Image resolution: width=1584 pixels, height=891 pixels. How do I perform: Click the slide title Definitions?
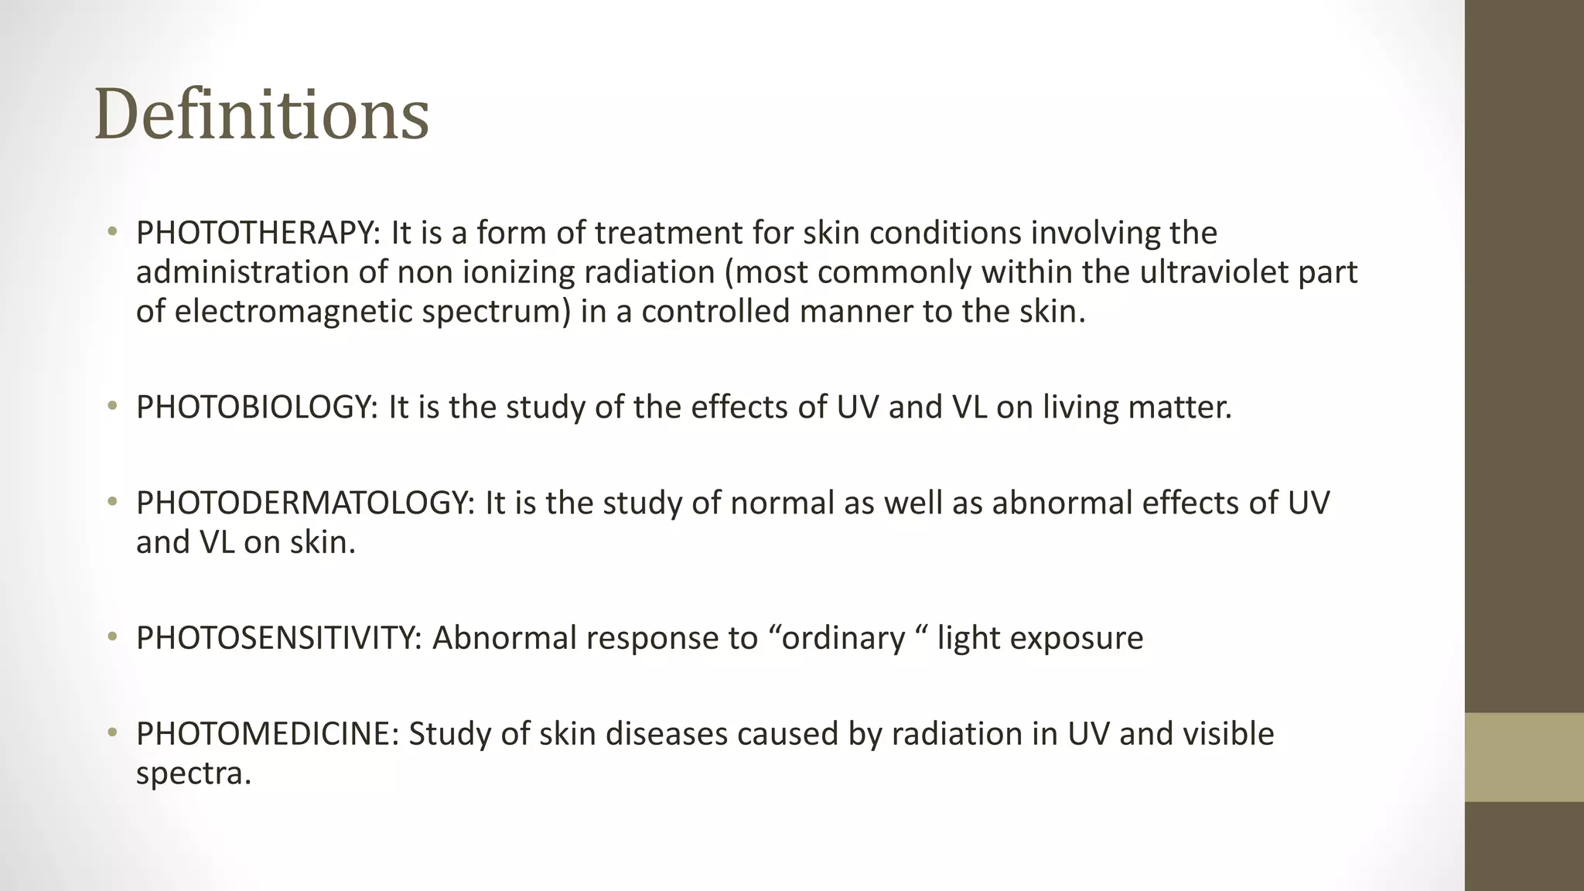click(x=261, y=114)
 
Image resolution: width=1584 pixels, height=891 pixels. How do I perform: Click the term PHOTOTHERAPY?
click(x=254, y=233)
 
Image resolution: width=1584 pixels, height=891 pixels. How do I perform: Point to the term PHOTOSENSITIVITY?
click(x=277, y=638)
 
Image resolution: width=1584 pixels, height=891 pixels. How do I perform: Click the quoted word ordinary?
click(x=844, y=638)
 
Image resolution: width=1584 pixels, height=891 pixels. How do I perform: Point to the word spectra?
click(x=193, y=773)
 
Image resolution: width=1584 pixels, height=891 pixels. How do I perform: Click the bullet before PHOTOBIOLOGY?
click(x=113, y=406)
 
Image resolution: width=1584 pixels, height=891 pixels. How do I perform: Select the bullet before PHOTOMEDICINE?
click(x=113, y=732)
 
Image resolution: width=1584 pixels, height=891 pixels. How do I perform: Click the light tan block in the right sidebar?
click(x=1524, y=756)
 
